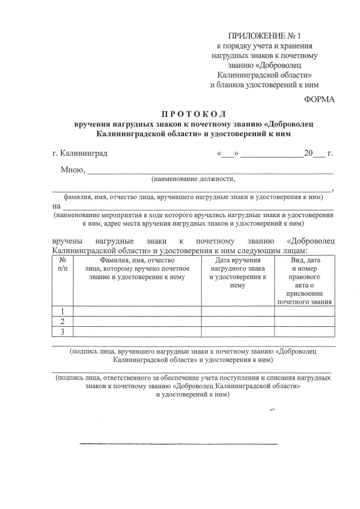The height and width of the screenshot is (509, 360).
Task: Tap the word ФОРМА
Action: (319, 100)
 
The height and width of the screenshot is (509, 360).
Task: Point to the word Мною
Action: (73, 170)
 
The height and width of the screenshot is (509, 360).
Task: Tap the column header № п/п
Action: (62, 265)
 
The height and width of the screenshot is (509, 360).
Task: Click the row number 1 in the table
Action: (62, 311)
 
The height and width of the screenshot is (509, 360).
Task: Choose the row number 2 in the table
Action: (62, 321)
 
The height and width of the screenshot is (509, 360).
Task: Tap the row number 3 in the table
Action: (62, 331)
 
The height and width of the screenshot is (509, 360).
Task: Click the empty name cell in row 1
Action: (137, 311)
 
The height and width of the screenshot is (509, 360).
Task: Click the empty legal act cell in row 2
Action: (304, 321)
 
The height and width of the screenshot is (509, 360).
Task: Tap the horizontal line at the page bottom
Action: (178, 444)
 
